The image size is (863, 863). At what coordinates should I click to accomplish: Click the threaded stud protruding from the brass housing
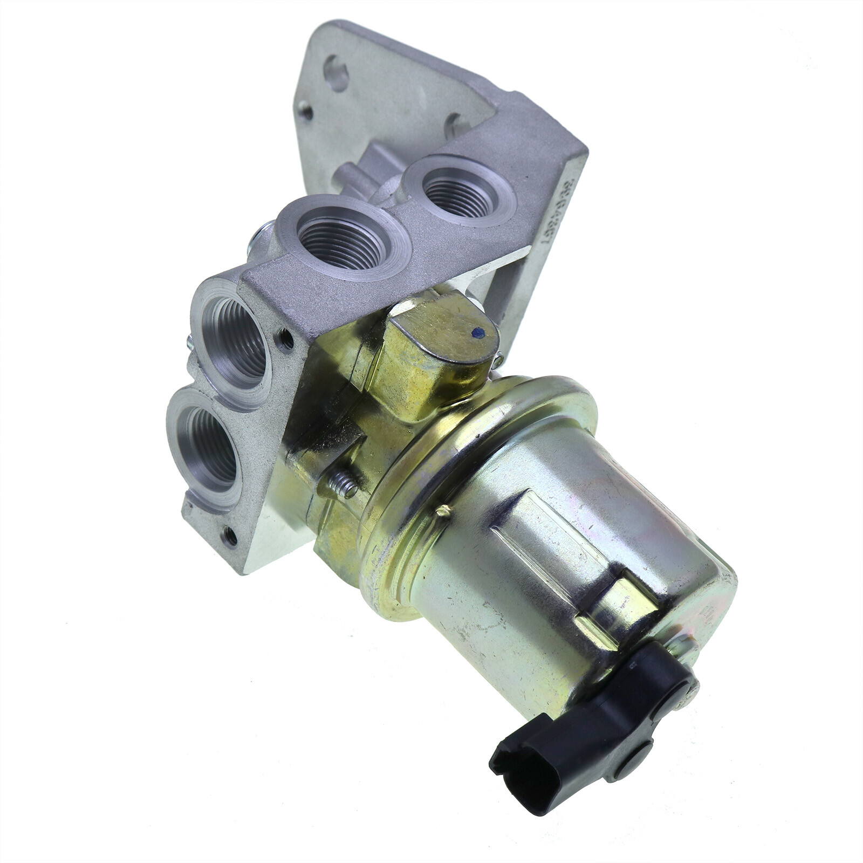tap(344, 483)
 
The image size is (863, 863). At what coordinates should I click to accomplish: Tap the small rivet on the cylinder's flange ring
tap(444, 511)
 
